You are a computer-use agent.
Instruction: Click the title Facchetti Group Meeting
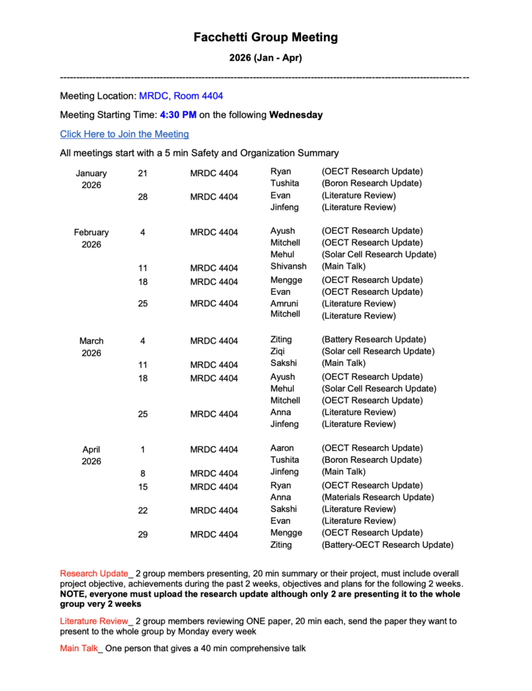tap(265, 38)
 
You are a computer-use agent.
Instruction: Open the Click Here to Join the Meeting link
tap(124, 134)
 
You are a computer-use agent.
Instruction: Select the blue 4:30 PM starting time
tap(178, 115)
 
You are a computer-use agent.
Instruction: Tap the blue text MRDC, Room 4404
tap(181, 96)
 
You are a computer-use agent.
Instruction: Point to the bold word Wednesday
tap(296, 115)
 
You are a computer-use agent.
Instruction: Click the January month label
tap(91, 173)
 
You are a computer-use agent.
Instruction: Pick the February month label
tap(91, 232)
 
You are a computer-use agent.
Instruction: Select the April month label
tap(91, 449)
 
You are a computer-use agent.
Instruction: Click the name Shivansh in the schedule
tap(288, 267)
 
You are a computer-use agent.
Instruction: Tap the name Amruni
tap(284, 304)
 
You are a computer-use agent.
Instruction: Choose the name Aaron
tap(282, 448)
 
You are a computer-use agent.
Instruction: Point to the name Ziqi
tap(277, 352)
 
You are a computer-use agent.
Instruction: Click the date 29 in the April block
tap(142, 534)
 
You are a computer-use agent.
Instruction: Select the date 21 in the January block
tap(142, 173)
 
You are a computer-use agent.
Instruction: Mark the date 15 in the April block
tap(142, 487)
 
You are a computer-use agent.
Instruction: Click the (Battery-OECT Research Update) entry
tap(388, 545)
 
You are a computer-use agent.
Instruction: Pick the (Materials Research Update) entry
tap(377, 497)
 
